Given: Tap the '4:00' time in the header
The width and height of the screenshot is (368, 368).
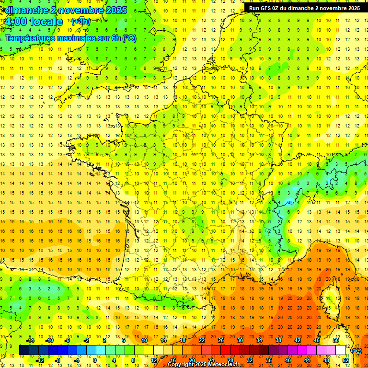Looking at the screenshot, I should coord(14,22).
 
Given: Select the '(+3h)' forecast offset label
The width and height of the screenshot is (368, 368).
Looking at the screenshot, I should coord(80,22).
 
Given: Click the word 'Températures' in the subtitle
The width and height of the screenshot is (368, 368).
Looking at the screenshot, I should coord(29,38).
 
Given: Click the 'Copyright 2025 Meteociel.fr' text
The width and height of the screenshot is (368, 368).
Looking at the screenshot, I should coord(203,365).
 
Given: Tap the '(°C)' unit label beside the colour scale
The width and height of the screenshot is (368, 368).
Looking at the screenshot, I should coord(356,350).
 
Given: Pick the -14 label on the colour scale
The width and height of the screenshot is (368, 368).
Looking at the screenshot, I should coord(30,340).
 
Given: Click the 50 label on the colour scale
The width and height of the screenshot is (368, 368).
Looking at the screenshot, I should coord(336,340).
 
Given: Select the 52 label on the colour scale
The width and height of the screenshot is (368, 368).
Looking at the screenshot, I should coord(345,360).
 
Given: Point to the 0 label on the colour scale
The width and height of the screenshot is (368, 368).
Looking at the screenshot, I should coord(95,360).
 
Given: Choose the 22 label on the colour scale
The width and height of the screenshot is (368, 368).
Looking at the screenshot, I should coord(202,340).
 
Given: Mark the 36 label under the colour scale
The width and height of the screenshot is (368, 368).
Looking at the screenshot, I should coord(269,360).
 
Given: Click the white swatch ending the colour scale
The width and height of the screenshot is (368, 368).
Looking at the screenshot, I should coord(341,350).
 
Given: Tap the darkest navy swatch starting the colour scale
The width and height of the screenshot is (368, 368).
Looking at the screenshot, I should coord(24,350).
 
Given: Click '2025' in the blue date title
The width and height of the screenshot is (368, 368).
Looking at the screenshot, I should coord(116,10).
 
